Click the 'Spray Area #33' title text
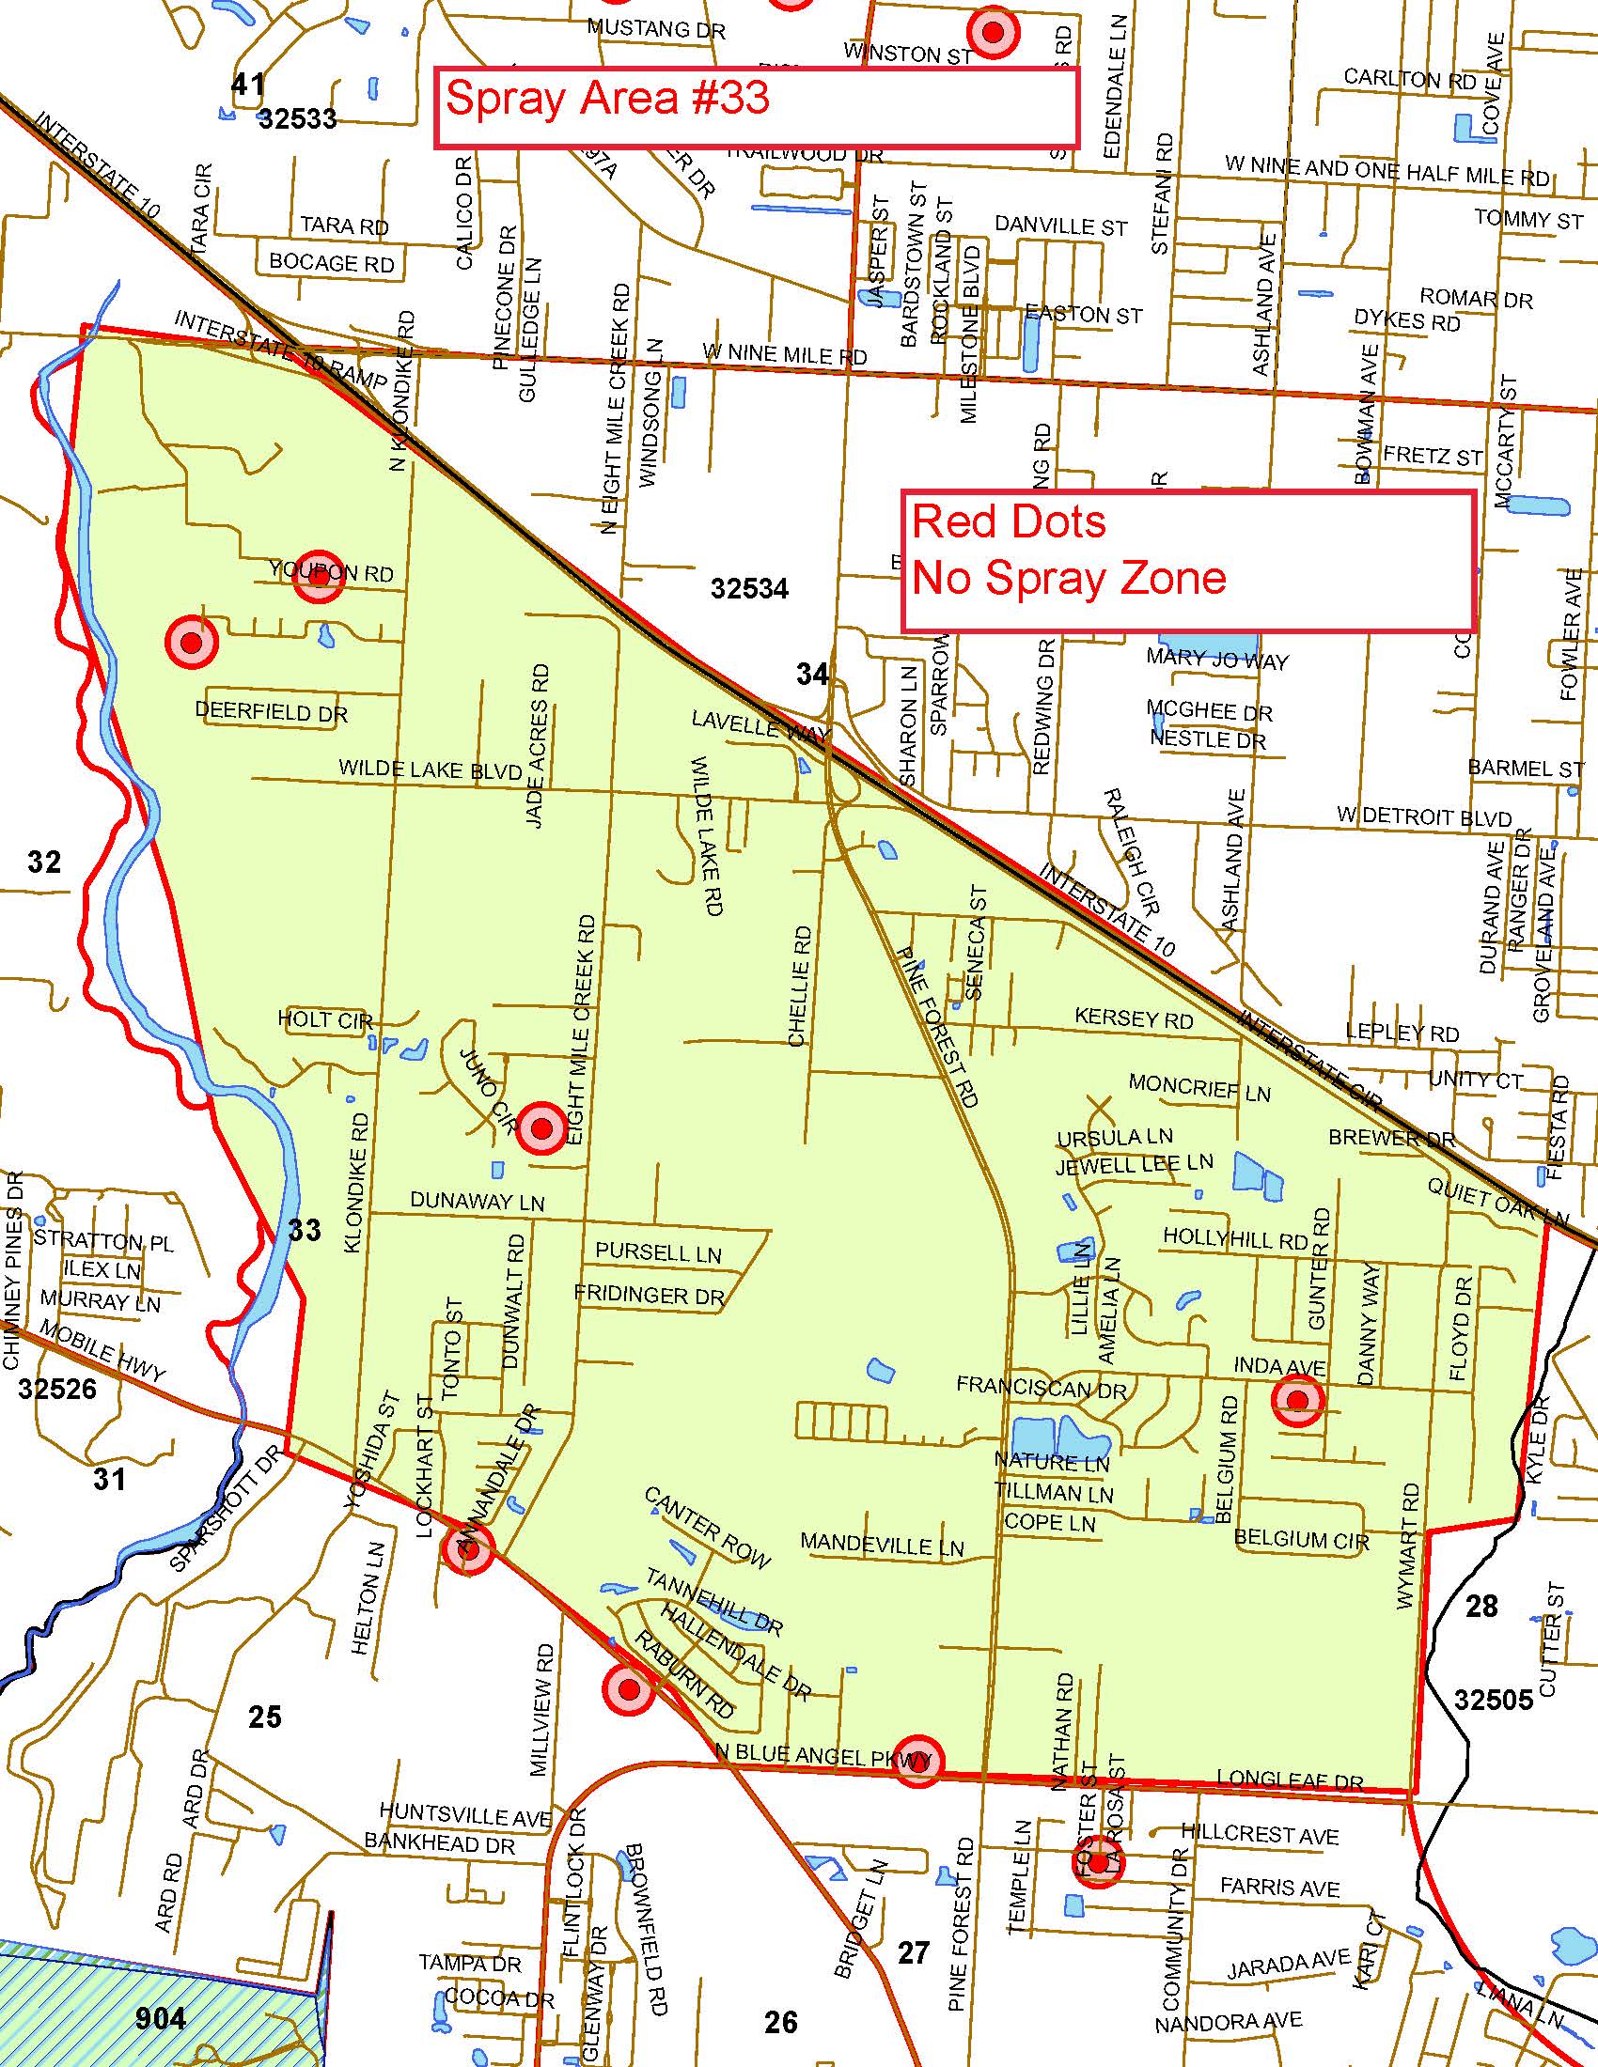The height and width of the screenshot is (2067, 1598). pos(607,99)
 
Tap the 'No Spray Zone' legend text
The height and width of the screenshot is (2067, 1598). pos(1069,577)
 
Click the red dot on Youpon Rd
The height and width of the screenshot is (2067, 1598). pos(318,575)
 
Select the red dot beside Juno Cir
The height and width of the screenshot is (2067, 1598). pos(541,1128)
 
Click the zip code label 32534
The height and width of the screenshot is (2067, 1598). pos(750,589)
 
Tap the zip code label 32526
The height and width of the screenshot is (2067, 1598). pos(56,1388)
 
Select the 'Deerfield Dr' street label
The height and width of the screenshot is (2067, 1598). pos(272,712)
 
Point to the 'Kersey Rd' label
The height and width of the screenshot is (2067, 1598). pos(1134,1018)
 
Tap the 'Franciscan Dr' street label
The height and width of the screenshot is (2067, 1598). pos(1041,1389)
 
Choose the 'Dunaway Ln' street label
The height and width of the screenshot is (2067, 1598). pos(478,1201)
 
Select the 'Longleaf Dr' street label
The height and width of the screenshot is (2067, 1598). pos(1290,1780)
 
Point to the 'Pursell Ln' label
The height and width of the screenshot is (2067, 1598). pos(658,1252)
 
